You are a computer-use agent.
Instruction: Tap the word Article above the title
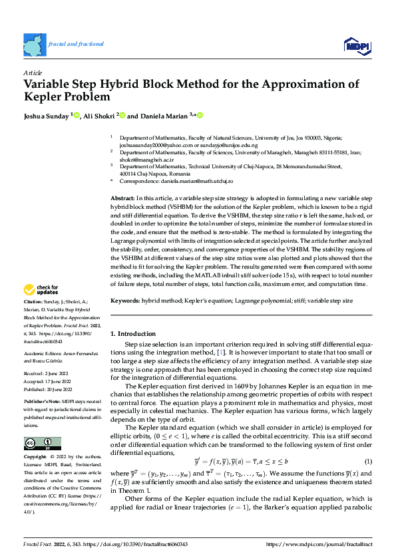[32, 72]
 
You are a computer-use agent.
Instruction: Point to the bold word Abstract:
[121, 199]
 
